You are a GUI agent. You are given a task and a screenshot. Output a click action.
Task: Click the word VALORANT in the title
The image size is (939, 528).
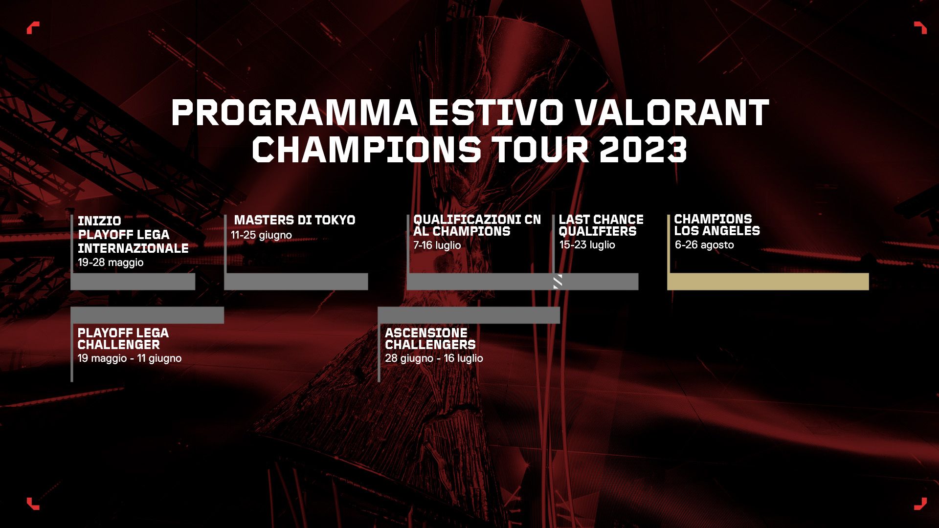pyautogui.click(x=671, y=112)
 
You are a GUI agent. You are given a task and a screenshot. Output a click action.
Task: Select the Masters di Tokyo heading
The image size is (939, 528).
pyautogui.click(x=294, y=220)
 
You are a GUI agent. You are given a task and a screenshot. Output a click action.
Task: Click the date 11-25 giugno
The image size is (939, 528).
pyautogui.click(x=261, y=235)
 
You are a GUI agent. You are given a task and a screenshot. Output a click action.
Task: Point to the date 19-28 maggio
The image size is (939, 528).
pyautogui.click(x=111, y=263)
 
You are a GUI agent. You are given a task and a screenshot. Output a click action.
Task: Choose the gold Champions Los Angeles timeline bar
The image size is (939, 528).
pyautogui.click(x=768, y=282)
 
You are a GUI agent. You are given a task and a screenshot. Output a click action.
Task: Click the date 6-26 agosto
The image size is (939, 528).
pyautogui.click(x=704, y=245)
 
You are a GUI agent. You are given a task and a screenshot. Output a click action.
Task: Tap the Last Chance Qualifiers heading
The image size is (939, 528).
pyautogui.click(x=601, y=225)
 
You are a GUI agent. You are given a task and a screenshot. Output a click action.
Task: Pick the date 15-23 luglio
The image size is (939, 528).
pyautogui.click(x=587, y=245)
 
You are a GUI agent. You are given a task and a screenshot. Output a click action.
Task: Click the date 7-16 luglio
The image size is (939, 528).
pyautogui.click(x=437, y=245)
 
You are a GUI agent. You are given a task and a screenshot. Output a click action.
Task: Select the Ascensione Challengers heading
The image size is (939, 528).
pyautogui.click(x=430, y=339)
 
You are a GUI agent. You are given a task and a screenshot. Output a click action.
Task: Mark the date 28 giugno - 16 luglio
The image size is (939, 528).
pyautogui.click(x=434, y=358)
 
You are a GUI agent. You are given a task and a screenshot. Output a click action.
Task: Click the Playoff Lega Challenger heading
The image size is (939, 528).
pyautogui.click(x=123, y=339)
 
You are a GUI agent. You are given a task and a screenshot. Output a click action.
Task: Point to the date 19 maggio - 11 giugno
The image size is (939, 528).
pyautogui.click(x=129, y=358)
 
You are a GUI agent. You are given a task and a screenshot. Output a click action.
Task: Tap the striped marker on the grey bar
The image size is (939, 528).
pyautogui.click(x=558, y=282)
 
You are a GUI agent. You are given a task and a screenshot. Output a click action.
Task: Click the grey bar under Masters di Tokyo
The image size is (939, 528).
pyautogui.click(x=296, y=282)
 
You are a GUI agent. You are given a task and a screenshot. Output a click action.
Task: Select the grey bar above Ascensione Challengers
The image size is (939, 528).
pyautogui.click(x=469, y=315)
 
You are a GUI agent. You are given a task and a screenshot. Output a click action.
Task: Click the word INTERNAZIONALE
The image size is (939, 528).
pyautogui.click(x=133, y=248)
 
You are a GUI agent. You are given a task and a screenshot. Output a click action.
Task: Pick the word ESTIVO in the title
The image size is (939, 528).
pyautogui.click(x=496, y=112)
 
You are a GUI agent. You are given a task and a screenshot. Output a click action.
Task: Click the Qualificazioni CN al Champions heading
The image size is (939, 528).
pyautogui.click(x=477, y=225)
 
